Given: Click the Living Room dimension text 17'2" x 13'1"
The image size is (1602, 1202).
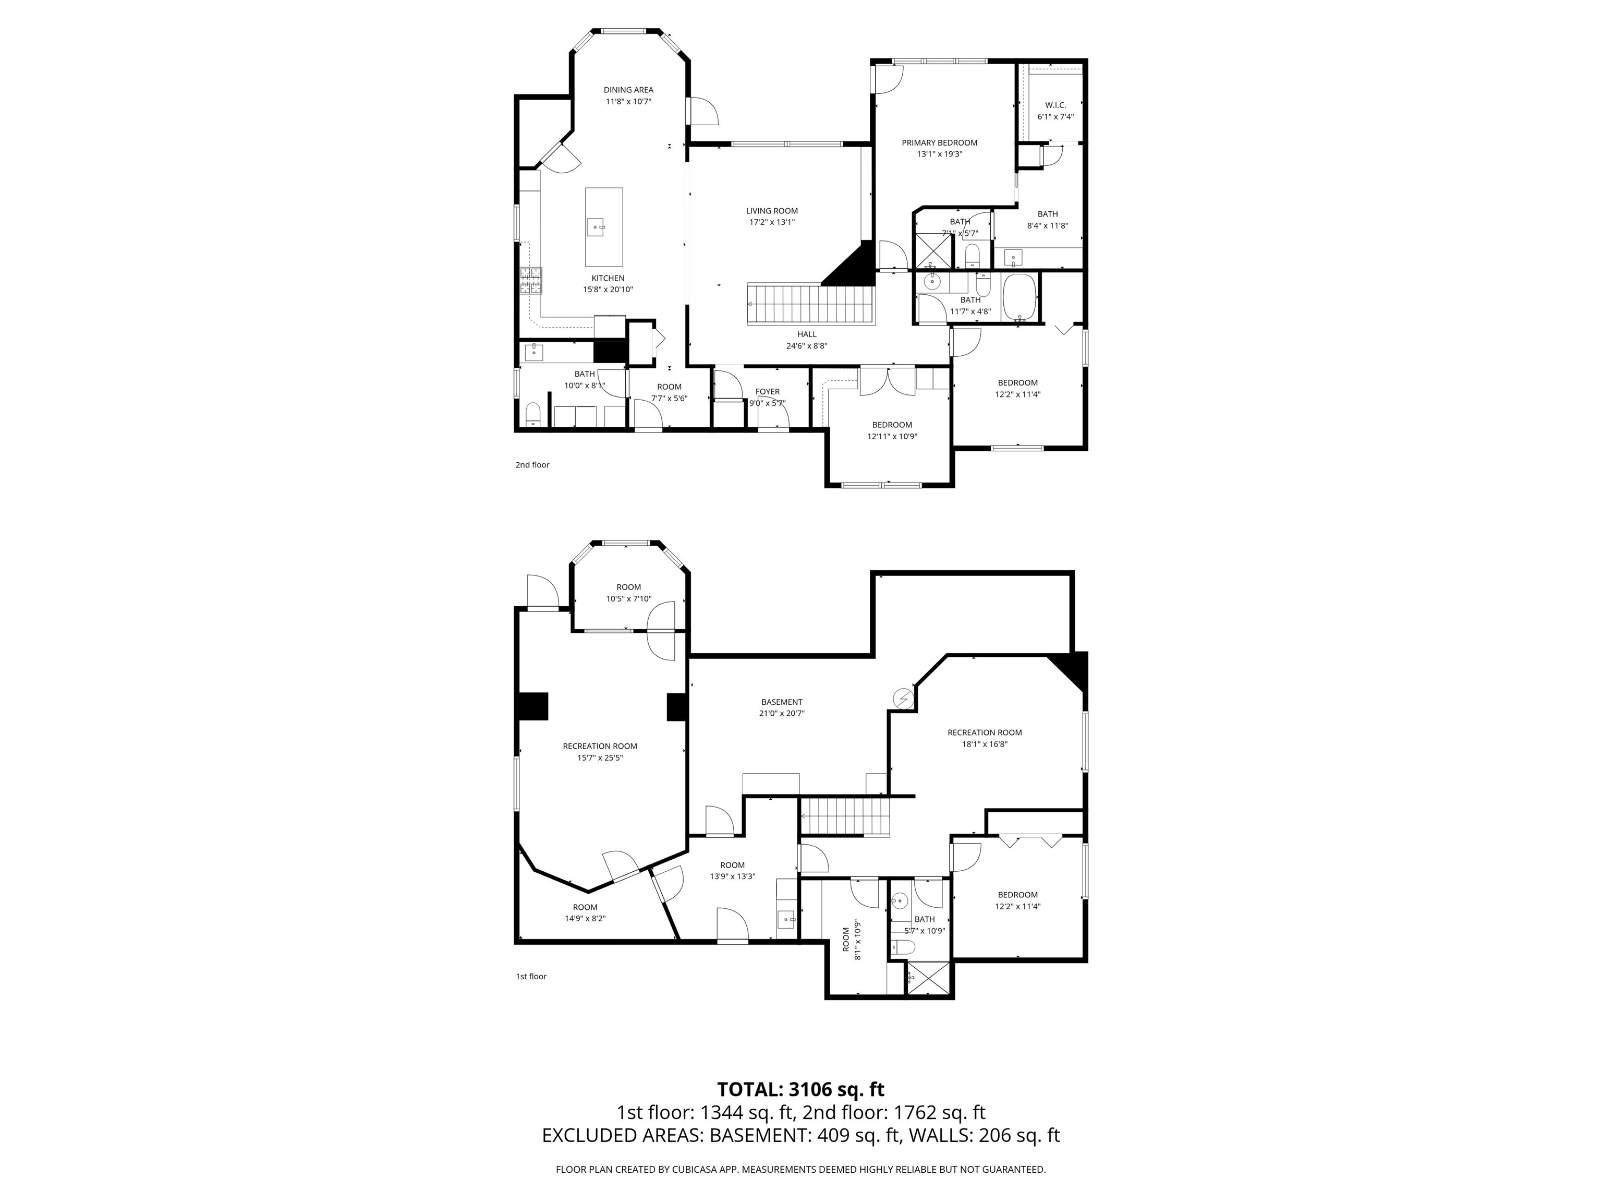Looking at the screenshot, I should (x=771, y=222).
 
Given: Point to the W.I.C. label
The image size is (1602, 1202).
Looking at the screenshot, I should (x=1054, y=105).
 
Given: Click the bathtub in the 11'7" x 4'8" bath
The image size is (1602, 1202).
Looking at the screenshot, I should (x=1020, y=296).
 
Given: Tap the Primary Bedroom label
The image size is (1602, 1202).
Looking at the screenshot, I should (x=939, y=143).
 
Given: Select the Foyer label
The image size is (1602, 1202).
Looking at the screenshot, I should (x=767, y=392).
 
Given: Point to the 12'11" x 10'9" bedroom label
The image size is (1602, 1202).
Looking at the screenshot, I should (x=892, y=431).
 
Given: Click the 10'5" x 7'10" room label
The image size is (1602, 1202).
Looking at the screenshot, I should (x=628, y=593).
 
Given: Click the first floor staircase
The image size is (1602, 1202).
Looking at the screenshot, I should (x=844, y=816).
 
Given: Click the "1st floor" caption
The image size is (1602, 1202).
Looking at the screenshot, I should (x=531, y=977).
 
